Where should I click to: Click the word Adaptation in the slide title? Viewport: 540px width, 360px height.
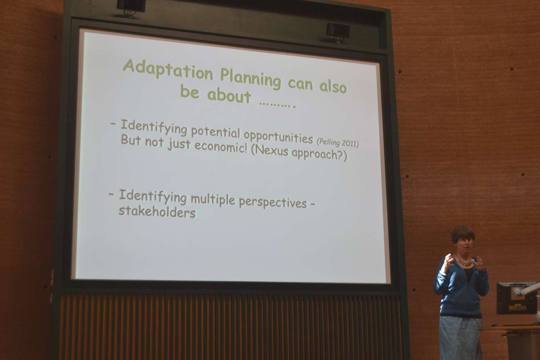[168, 69]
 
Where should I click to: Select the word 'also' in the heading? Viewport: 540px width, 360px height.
[333, 85]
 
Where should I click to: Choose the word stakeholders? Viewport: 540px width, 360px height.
[157, 212]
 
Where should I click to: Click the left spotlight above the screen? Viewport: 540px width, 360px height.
[131, 7]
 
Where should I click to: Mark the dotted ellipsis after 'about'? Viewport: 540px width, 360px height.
[277, 105]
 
